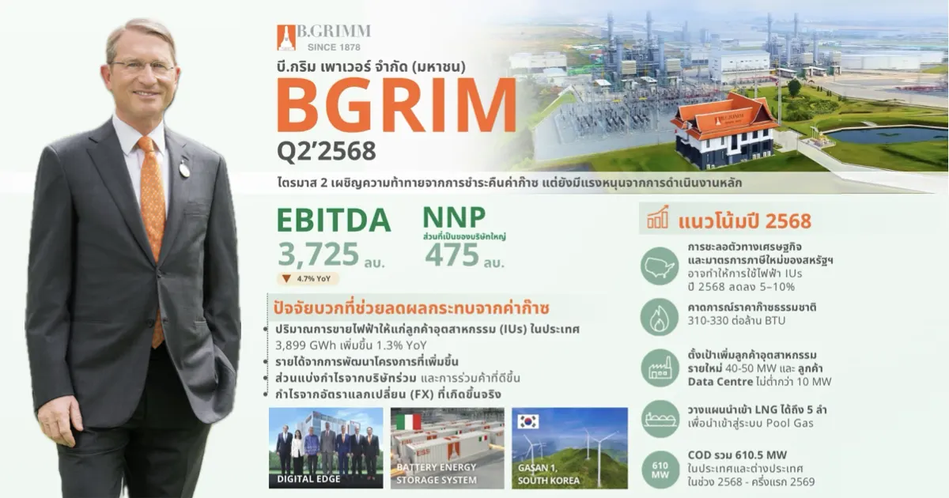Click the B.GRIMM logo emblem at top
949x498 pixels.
pyautogui.click(x=286, y=37)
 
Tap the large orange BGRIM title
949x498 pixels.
pyautogui.click(x=396, y=105)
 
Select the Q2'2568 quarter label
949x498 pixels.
pyautogui.click(x=326, y=151)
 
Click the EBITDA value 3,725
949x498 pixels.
pyautogui.click(x=318, y=254)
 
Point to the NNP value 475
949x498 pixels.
pyautogui.click(x=452, y=255)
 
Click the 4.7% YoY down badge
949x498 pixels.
pyautogui.click(x=308, y=278)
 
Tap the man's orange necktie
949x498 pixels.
pyautogui.click(x=153, y=237)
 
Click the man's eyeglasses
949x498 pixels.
pyautogui.click(x=143, y=66)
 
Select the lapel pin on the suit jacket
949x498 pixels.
pyautogui.click(x=183, y=168)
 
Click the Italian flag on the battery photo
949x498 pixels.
pyautogui.click(x=408, y=422)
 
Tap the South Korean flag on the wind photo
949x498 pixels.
pyautogui.click(x=528, y=421)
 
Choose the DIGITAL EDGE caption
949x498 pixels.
pyautogui.click(x=308, y=479)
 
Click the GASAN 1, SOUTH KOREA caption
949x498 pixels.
pyautogui.click(x=548, y=474)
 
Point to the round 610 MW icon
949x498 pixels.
pyautogui.click(x=660, y=470)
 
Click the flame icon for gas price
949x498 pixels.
pyautogui.click(x=660, y=317)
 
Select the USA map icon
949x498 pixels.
pyautogui.click(x=660, y=266)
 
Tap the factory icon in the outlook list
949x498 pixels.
pyautogui.click(x=660, y=368)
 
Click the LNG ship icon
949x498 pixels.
pyautogui.click(x=660, y=419)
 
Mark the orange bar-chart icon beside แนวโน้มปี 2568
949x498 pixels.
pyautogui.click(x=657, y=217)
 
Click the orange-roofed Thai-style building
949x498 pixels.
pyautogui.click(x=725, y=130)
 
